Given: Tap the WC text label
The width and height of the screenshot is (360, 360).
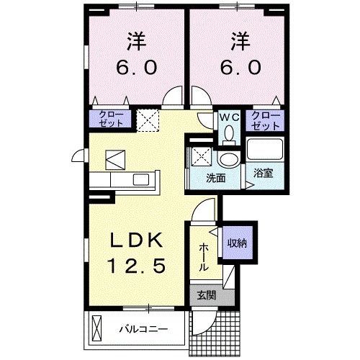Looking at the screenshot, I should click(229, 115).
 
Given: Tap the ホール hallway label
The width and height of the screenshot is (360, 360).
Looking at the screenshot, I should click(204, 256).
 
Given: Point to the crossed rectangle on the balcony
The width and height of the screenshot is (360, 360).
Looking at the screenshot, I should click(99, 330).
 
